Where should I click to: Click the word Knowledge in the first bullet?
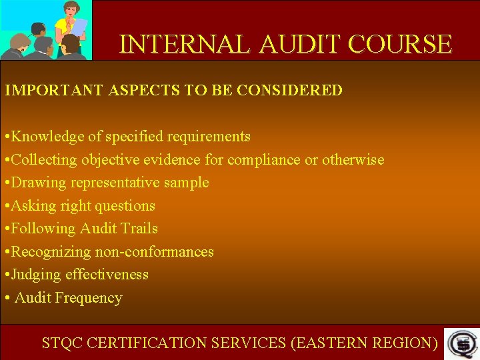[x=48, y=137]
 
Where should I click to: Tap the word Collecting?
[x=45, y=160]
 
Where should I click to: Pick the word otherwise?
[x=353, y=160]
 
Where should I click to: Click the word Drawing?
[x=36, y=183]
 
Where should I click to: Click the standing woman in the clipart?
[x=69, y=23]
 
